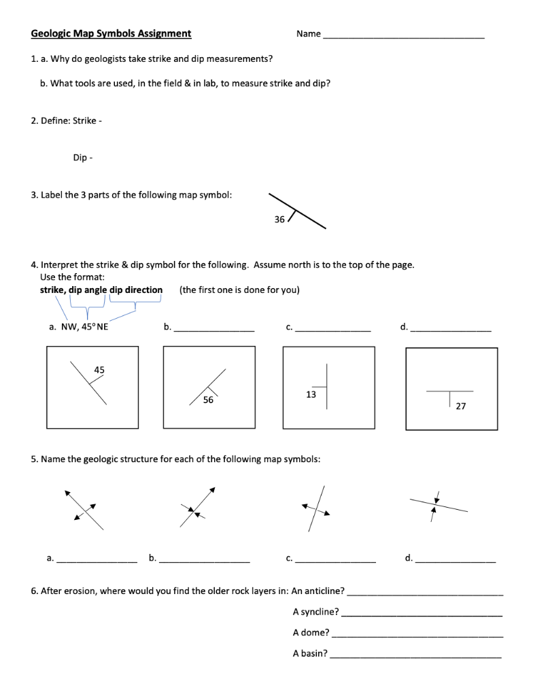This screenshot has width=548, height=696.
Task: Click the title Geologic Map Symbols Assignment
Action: click(x=112, y=33)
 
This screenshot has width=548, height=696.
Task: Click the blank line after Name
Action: click(x=404, y=35)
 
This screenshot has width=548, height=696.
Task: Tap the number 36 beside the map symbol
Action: click(x=279, y=219)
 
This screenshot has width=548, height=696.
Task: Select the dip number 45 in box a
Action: click(x=99, y=370)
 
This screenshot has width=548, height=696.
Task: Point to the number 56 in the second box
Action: click(x=208, y=400)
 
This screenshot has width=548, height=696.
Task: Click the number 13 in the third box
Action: click(x=311, y=394)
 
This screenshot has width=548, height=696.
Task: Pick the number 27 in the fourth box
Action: click(x=461, y=406)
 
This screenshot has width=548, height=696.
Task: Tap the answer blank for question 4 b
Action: click(x=214, y=329)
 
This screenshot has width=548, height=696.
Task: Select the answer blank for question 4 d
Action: click(x=451, y=329)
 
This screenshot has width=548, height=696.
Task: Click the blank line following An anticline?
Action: click(x=425, y=593)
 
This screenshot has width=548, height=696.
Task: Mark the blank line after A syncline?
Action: click(x=422, y=614)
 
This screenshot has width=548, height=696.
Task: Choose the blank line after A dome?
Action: click(x=417, y=635)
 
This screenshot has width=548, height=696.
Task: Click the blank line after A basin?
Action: click(x=416, y=656)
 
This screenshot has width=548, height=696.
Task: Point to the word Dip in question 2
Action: click(x=80, y=158)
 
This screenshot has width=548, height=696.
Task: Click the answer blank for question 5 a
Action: click(x=97, y=561)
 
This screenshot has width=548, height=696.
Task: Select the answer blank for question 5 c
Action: click(x=336, y=561)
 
